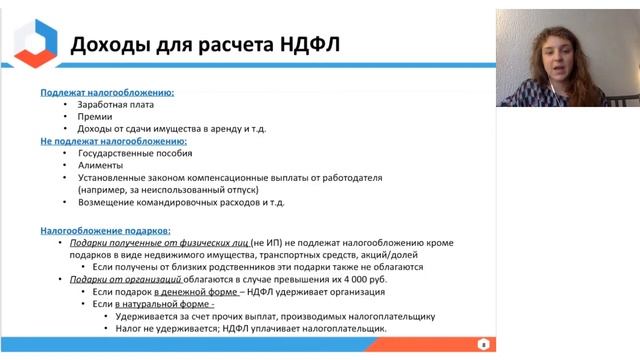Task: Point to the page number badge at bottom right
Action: click(x=483, y=344)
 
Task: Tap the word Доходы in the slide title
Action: click(x=106, y=43)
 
